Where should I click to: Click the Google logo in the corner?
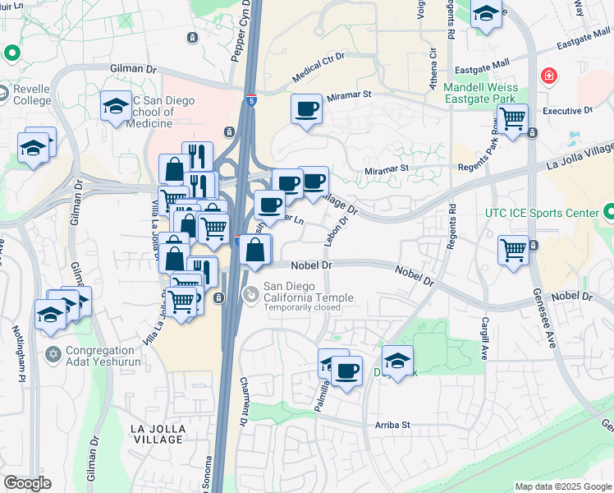pos(27,482)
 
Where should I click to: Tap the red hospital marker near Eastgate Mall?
pos(547,77)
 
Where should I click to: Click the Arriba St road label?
pos(392,425)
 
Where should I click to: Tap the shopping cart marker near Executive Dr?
pos(513,118)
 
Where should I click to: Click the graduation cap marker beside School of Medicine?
pos(116,106)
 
